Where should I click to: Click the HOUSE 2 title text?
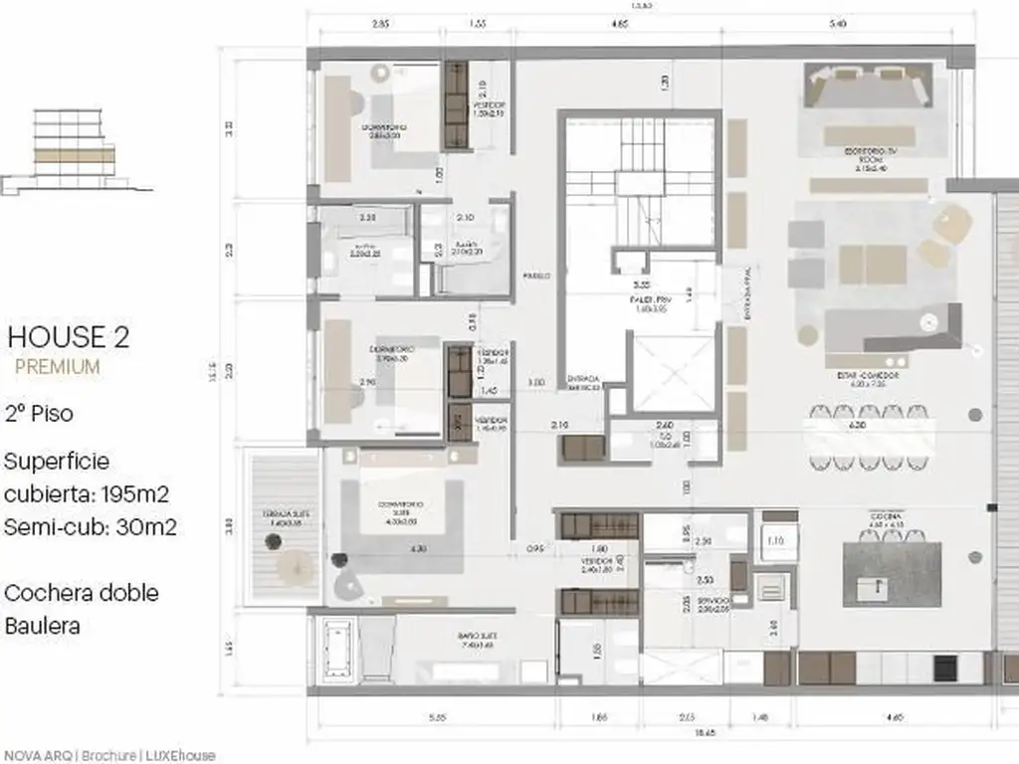click(x=68, y=336)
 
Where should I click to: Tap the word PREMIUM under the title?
click(x=58, y=366)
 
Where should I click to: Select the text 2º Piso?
click(x=39, y=413)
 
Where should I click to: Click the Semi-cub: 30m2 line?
click(x=91, y=527)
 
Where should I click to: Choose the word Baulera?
click(x=42, y=626)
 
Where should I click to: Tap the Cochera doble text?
click(x=82, y=593)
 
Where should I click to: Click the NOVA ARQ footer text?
click(x=39, y=755)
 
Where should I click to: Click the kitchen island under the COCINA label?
click(x=891, y=572)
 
